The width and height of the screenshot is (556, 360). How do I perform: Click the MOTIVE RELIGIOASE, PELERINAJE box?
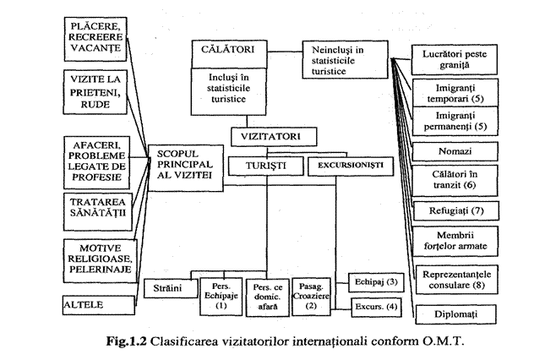(x=99, y=259)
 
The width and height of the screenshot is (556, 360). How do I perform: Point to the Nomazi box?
(x=455, y=152)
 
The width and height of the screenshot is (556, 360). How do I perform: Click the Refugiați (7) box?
(x=455, y=209)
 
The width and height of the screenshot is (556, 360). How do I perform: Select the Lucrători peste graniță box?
(x=455, y=58)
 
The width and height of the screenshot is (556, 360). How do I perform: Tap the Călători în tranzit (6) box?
(x=455, y=179)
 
